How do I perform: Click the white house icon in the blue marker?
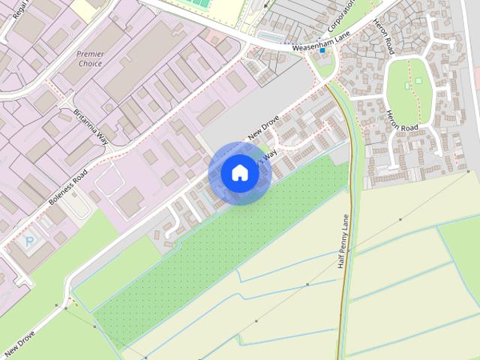239,172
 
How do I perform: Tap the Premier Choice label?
90,58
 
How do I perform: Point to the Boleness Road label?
68,188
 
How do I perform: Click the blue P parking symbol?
30,241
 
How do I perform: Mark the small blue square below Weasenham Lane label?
322,51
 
